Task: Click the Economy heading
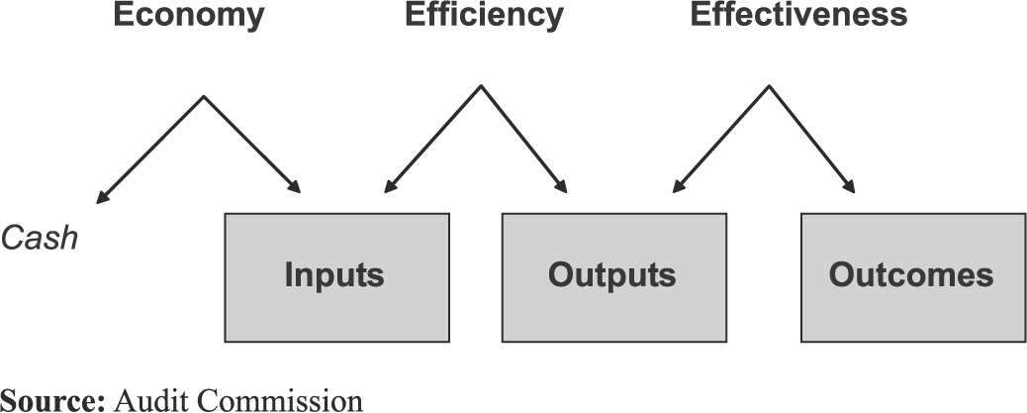[x=189, y=16]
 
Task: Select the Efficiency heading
[x=484, y=16]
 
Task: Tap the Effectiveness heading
[x=798, y=16]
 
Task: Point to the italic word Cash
[x=40, y=239]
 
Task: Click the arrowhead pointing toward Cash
[x=100, y=200]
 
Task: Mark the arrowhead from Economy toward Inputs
[x=296, y=188]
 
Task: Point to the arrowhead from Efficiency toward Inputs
[x=387, y=188]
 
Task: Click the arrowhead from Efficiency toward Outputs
[x=563, y=188]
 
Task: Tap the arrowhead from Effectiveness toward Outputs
[x=676, y=188]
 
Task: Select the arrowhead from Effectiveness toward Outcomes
[x=852, y=188]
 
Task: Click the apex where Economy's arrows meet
[x=204, y=97]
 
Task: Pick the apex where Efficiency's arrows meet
[x=482, y=86]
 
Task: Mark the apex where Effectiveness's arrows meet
[x=769, y=86]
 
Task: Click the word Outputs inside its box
[x=613, y=275]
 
